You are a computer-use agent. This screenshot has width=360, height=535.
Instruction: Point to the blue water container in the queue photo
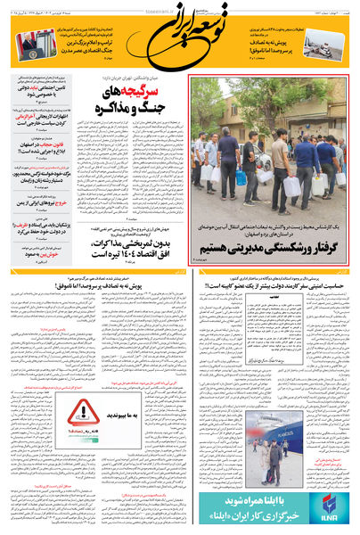[241, 177]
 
